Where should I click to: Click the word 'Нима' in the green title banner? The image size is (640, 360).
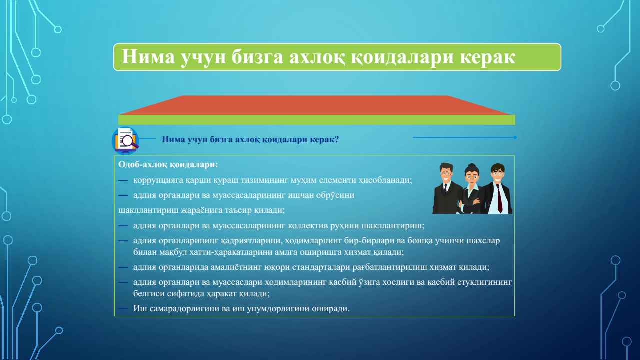coord(148,57)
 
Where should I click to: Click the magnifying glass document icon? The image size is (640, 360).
coord(125,141)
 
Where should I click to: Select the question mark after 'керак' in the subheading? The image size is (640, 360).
coord(337,139)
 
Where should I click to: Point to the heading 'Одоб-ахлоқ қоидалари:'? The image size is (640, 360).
coord(168,165)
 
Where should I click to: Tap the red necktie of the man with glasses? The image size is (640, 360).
coord(499,198)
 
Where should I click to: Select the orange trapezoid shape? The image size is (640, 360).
coord(315,105)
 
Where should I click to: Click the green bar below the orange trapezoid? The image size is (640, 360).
coord(317,120)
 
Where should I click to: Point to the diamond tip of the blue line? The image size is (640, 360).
coord(515,137)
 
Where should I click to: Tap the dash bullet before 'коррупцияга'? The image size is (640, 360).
coord(123,180)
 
